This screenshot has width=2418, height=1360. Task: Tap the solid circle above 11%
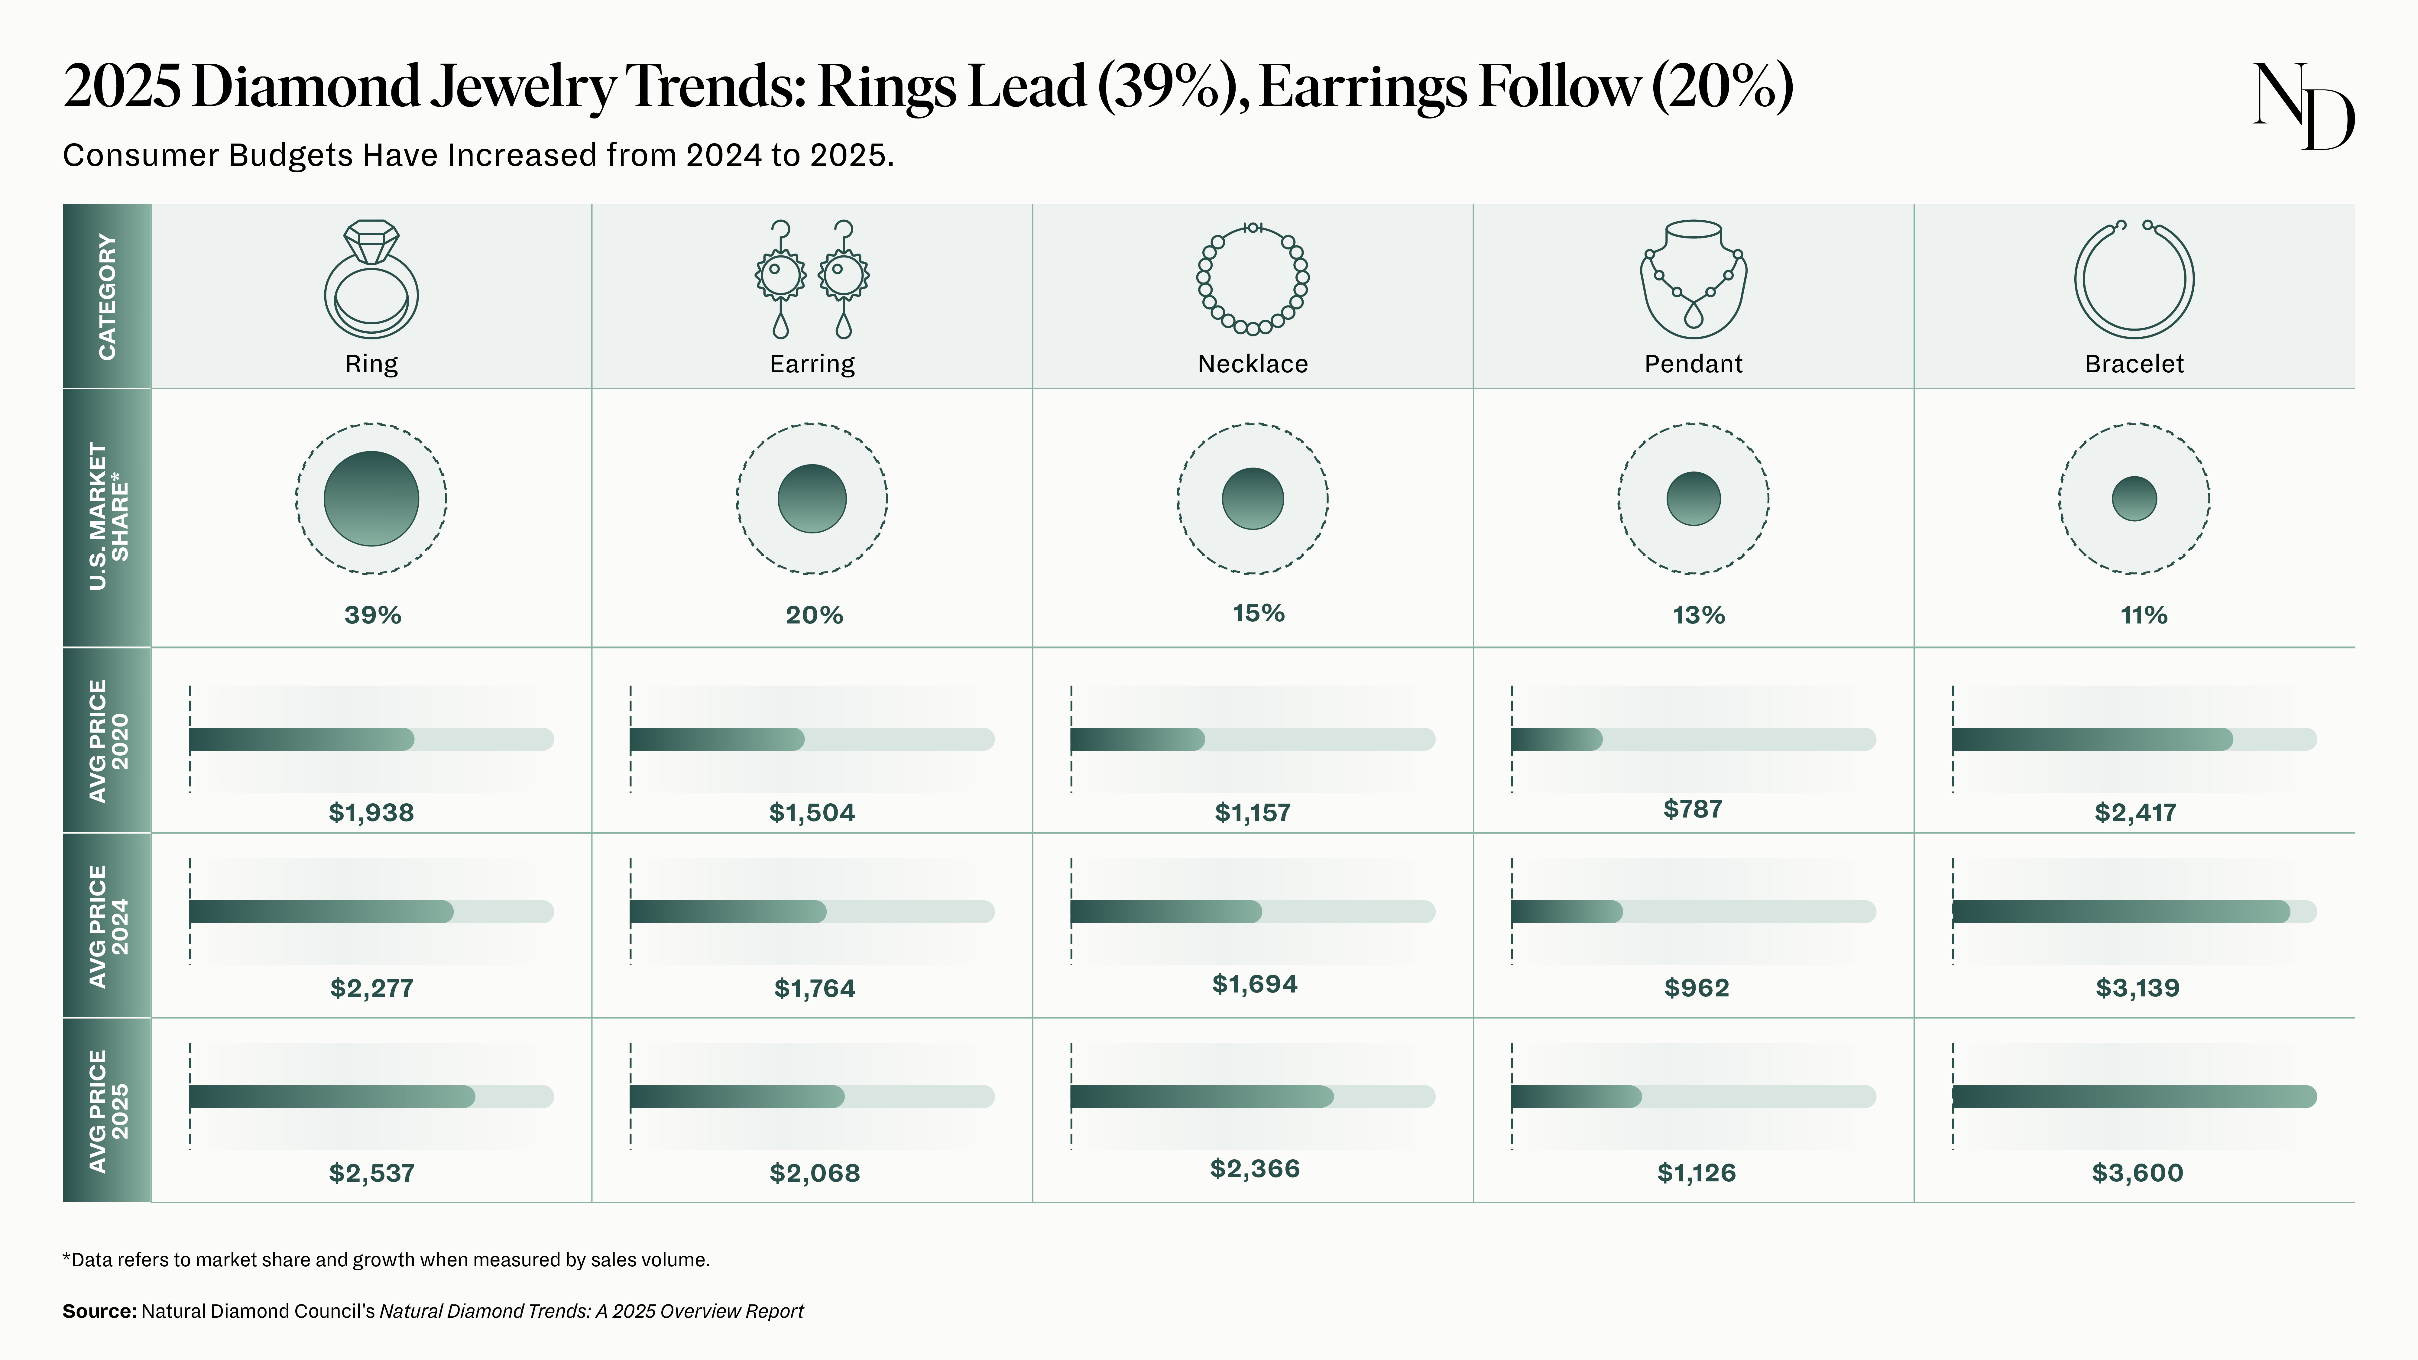click(2134, 498)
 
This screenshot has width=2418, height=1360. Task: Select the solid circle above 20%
click(812, 498)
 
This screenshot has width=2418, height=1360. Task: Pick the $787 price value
click(1692, 809)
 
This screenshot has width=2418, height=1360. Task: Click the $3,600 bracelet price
click(2137, 1172)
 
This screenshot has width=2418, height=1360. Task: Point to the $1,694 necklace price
click(1254, 985)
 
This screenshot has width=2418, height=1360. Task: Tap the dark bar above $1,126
click(1576, 1096)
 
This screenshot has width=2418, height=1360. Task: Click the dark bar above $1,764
click(728, 912)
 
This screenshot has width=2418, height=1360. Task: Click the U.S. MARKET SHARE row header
click(107, 517)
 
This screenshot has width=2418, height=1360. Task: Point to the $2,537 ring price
click(372, 1172)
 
